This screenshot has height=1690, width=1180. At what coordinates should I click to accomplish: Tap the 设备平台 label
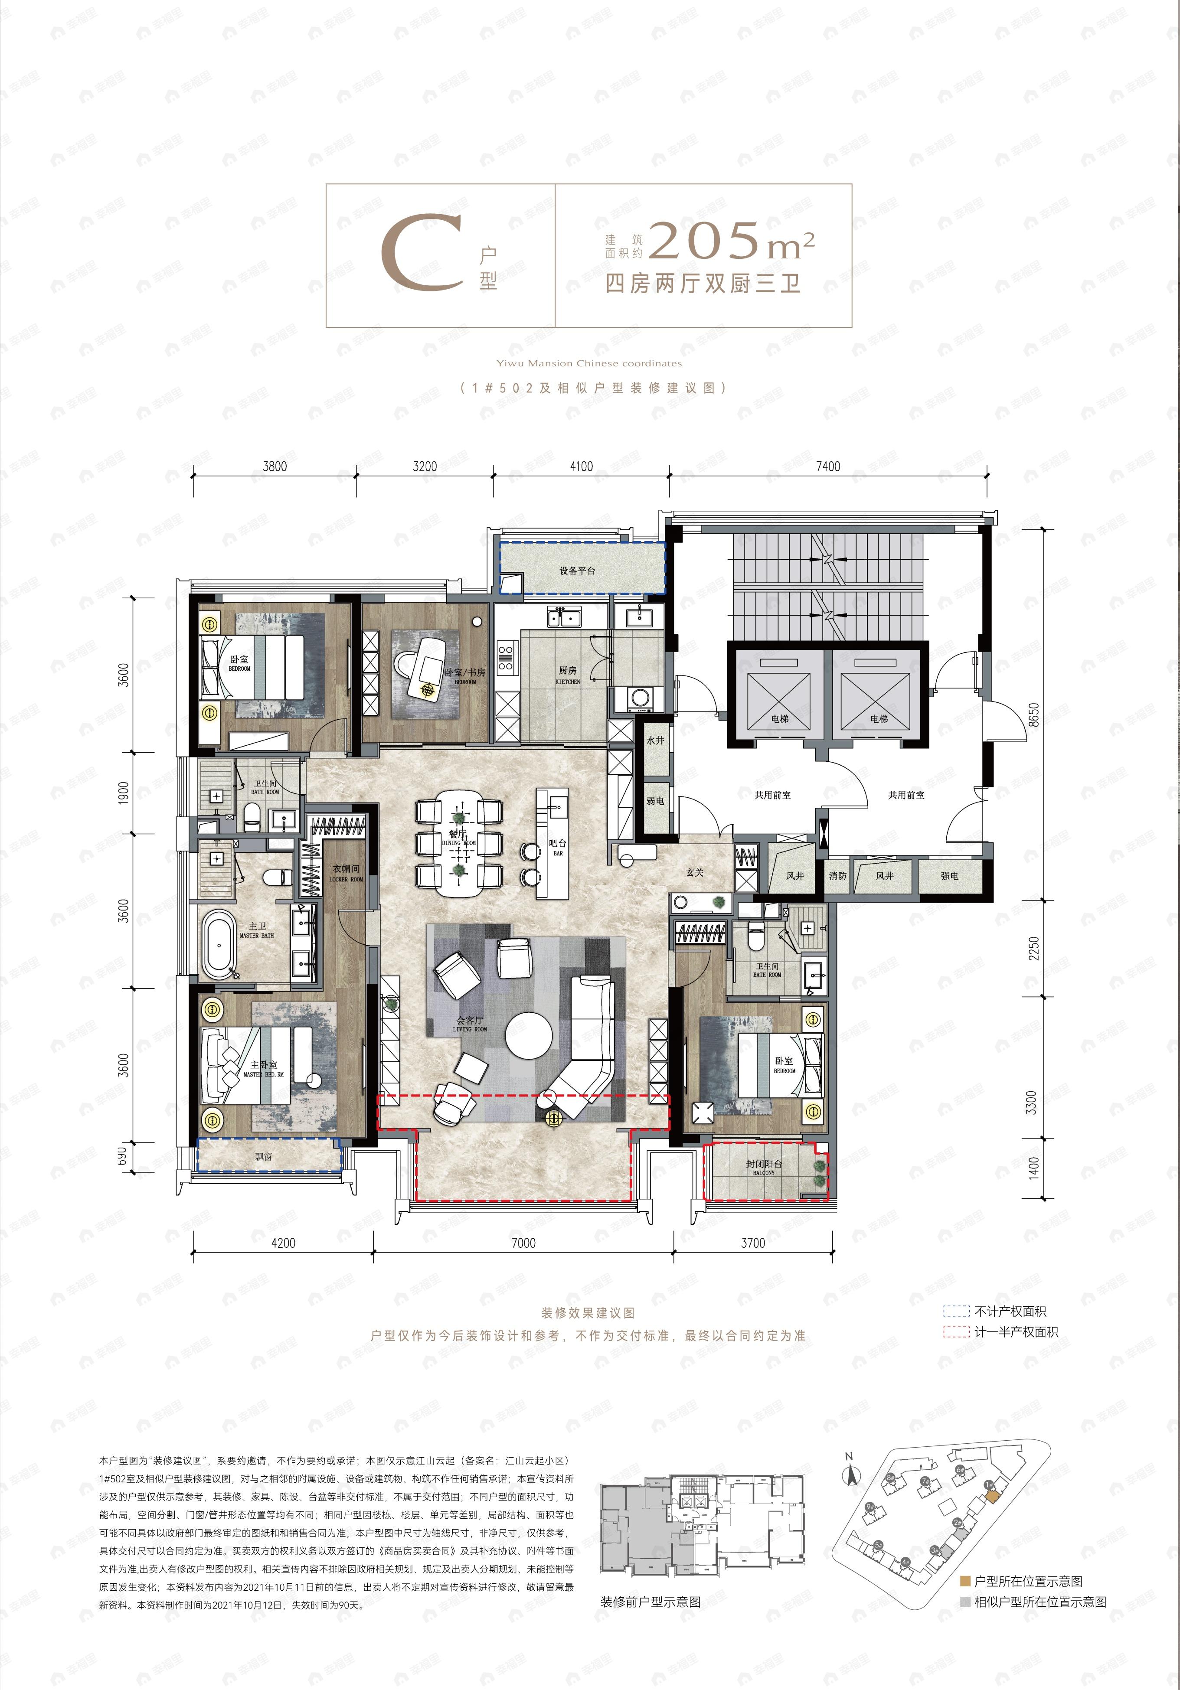coord(577,571)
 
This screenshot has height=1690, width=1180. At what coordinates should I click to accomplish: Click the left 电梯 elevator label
coord(780,719)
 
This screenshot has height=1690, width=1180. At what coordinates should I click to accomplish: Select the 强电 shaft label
coord(950,876)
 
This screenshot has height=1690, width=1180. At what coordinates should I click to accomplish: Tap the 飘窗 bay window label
coord(264,1156)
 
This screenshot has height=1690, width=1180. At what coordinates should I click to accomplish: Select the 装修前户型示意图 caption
coord(650,1601)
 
